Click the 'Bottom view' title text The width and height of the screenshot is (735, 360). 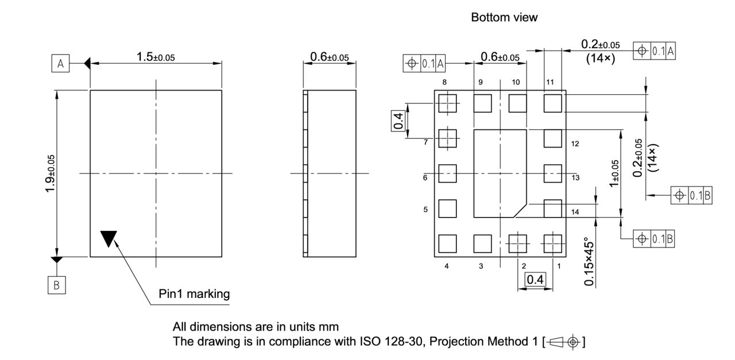(x=504, y=17)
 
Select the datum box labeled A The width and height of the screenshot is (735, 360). (x=60, y=63)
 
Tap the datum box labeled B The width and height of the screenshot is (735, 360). (x=56, y=285)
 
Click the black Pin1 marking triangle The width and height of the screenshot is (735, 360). (x=108, y=238)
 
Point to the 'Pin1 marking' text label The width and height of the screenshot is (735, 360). (x=194, y=294)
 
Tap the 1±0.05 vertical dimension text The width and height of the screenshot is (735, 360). (x=615, y=173)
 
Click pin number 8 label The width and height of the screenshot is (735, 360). (x=445, y=82)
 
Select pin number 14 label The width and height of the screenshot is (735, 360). (x=575, y=212)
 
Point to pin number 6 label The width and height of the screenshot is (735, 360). (x=425, y=178)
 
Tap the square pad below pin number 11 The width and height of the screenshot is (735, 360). (x=552, y=103)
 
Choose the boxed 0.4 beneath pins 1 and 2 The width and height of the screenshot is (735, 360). (x=535, y=280)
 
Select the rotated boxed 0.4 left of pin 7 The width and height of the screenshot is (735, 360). (x=399, y=121)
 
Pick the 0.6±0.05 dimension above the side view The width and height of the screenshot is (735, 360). (x=329, y=57)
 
